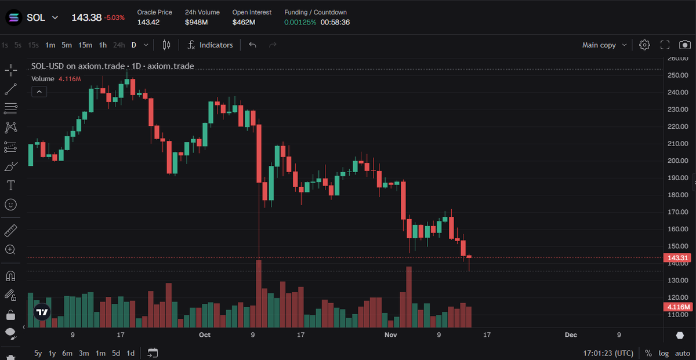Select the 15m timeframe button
[x=85, y=45]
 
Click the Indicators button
[x=210, y=45]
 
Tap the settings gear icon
[x=644, y=45]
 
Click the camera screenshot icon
[x=685, y=45]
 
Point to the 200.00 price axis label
[x=677, y=161]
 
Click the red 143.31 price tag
[x=677, y=258]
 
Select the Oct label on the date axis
[x=204, y=335]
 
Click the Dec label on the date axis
[x=571, y=335]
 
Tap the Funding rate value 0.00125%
[x=300, y=22]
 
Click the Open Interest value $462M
[x=244, y=22]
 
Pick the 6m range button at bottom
[x=67, y=353]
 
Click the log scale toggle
[x=664, y=353]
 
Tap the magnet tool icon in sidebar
[x=10, y=275]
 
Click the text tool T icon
[x=10, y=185]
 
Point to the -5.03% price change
[x=114, y=17]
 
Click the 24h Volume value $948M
[x=196, y=22]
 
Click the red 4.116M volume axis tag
[x=677, y=307]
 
